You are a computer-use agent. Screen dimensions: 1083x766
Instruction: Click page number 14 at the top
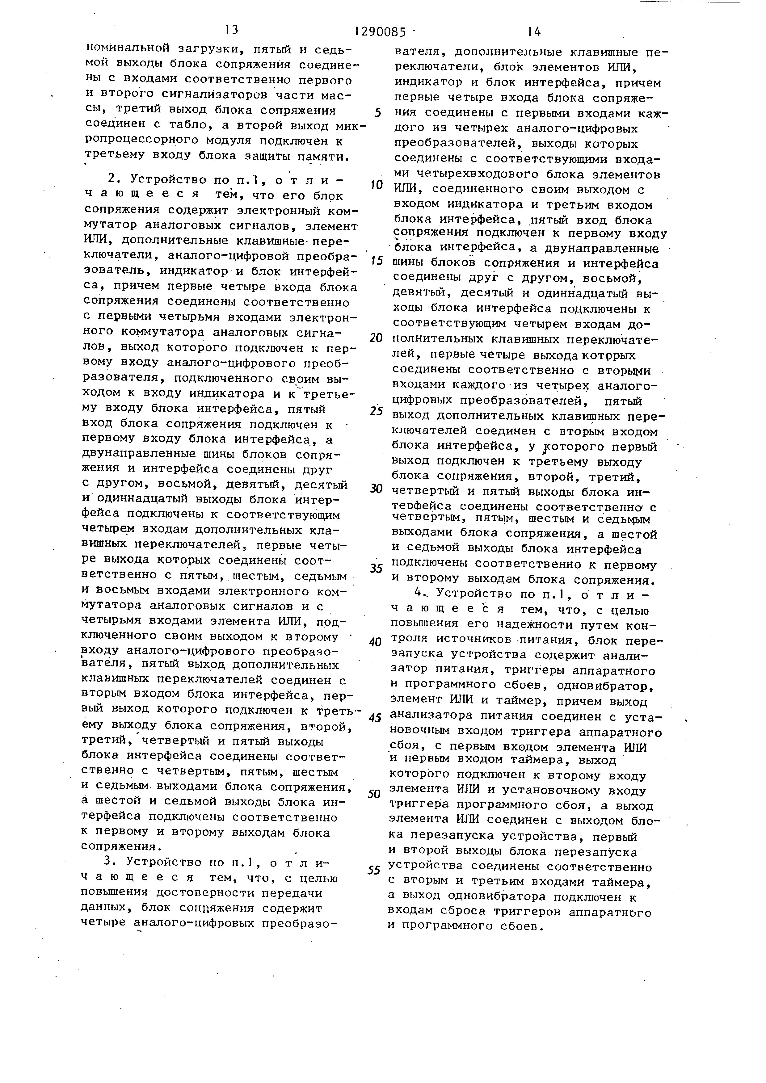pos(533,31)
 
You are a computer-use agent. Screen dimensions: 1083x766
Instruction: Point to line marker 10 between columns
pos(376,185)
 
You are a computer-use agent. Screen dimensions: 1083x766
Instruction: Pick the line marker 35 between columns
pos(376,569)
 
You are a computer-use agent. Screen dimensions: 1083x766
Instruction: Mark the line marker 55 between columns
pos(374,870)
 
